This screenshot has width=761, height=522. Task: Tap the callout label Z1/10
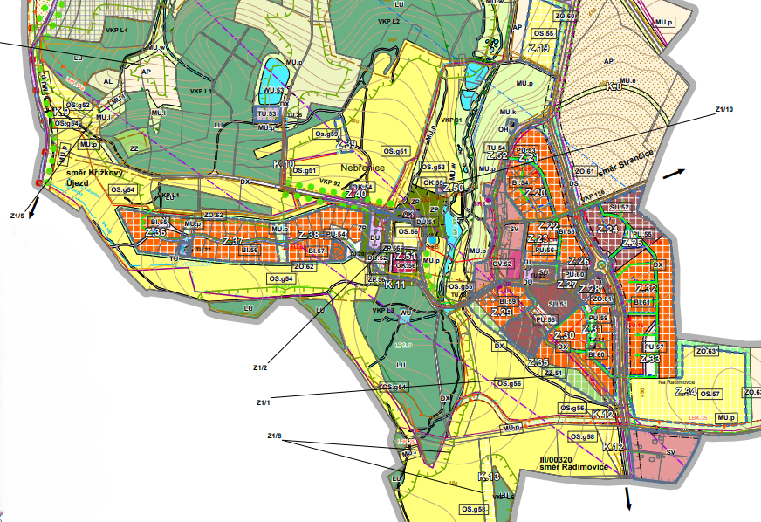pyautogui.click(x=724, y=109)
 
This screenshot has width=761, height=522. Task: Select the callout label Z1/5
pyautogui.click(x=17, y=214)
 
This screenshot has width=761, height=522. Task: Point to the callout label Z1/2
pyautogui.click(x=260, y=367)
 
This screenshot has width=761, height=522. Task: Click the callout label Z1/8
pyautogui.click(x=274, y=436)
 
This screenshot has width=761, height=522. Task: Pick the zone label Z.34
pyautogui.click(x=686, y=393)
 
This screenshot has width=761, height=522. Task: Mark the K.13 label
pyautogui.click(x=489, y=477)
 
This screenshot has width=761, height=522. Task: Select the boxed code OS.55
pyautogui.click(x=545, y=33)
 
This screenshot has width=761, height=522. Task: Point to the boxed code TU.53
pyautogui.click(x=267, y=114)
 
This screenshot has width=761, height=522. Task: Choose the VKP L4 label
pyautogui.click(x=117, y=31)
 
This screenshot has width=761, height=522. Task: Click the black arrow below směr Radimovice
pyautogui.click(x=627, y=498)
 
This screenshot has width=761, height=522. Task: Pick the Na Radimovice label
pyautogui.click(x=675, y=382)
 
